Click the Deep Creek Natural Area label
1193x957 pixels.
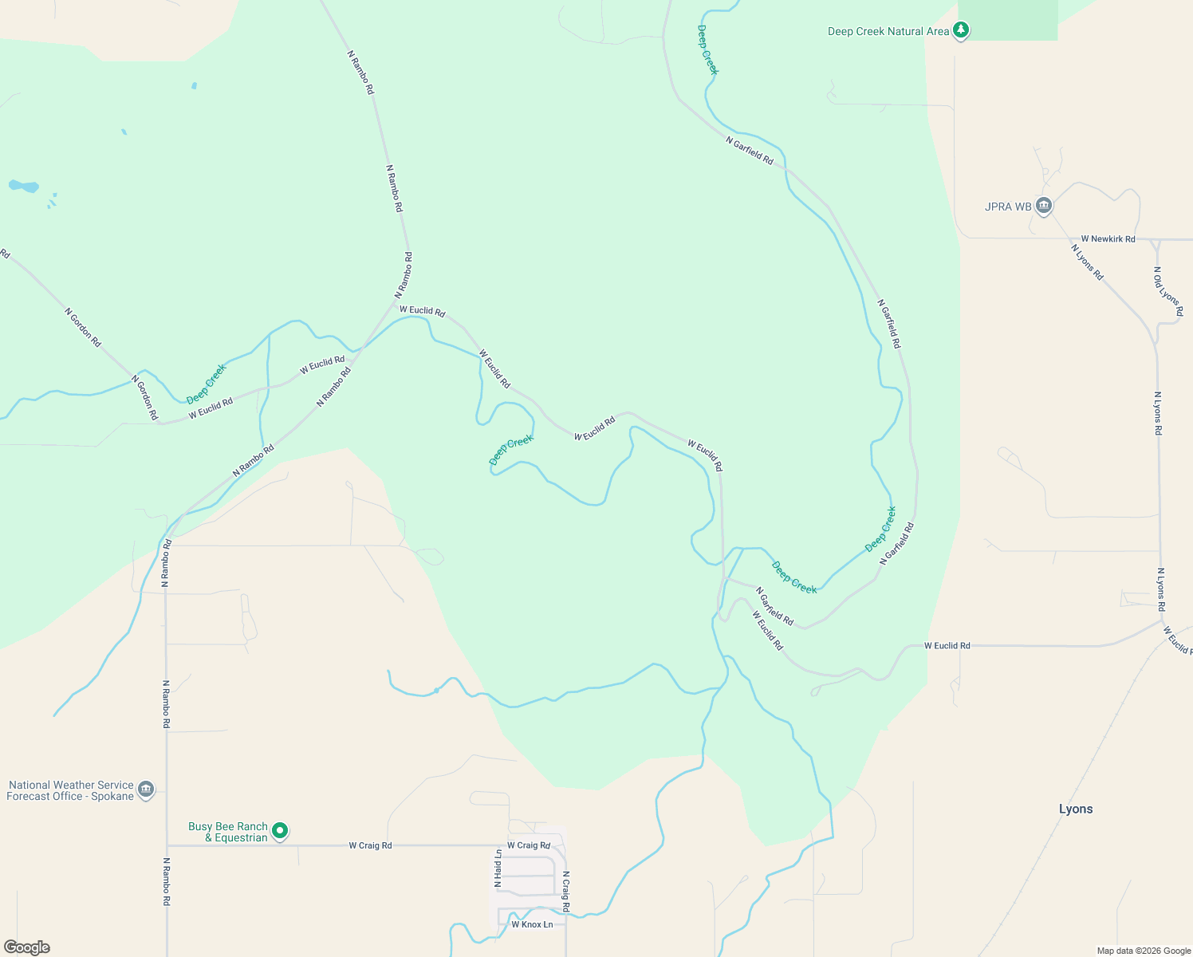point(888,32)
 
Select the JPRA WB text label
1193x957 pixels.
point(1008,207)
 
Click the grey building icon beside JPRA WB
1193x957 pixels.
point(1044,206)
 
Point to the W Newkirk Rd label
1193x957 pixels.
point(1108,239)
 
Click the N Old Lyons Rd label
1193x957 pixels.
point(1167,291)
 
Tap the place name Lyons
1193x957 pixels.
point(1075,809)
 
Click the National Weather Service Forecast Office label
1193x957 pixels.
point(70,790)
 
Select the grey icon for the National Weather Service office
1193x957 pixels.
point(145,790)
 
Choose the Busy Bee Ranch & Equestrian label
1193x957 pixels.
point(228,832)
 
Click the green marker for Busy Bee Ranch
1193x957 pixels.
point(280,831)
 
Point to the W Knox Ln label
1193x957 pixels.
point(532,925)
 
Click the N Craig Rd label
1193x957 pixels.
point(565,892)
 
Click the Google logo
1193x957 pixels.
point(27,947)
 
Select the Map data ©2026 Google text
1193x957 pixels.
point(1144,951)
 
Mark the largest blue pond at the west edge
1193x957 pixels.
point(23,187)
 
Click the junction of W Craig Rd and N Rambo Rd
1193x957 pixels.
point(167,845)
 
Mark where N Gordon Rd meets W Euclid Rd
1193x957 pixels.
point(160,423)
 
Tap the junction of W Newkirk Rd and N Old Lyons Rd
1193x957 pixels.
point(1156,239)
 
